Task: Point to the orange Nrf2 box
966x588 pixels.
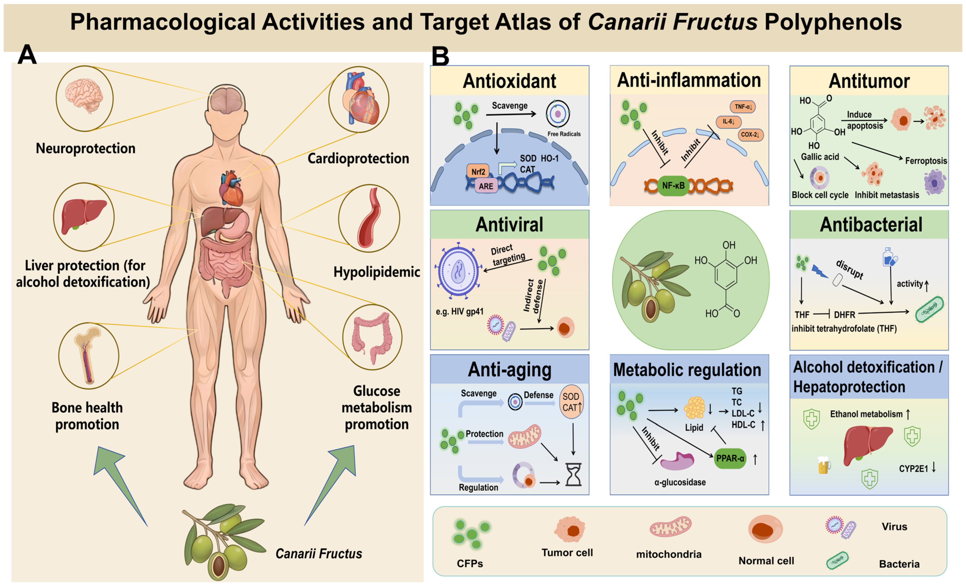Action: pos(478,171)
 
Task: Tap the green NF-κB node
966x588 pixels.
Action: pos(673,185)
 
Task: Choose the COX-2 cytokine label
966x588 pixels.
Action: pos(750,134)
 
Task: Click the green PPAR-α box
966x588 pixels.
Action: pos(730,458)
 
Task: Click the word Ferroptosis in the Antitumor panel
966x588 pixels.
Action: pos(926,161)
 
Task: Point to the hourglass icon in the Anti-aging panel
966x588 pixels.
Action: pos(573,474)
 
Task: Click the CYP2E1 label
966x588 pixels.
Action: pos(913,468)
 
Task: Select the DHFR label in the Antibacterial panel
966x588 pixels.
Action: pos(844,315)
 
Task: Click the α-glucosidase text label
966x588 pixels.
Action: pos(680,482)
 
